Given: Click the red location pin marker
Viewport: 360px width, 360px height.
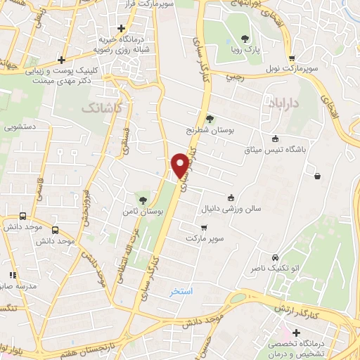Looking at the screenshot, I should click(x=181, y=165).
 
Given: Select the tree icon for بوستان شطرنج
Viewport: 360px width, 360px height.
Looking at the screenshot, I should click(x=209, y=118).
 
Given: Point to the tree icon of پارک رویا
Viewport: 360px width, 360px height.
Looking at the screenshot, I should click(x=245, y=38).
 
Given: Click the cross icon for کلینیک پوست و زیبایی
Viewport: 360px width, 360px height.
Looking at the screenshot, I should click(x=62, y=60).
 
